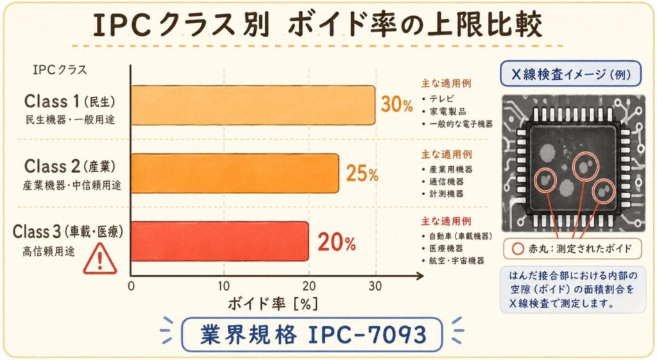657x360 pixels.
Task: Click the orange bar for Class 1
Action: click(x=253, y=104)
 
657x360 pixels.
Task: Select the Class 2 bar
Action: click(x=235, y=173)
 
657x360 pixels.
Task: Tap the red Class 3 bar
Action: click(x=219, y=241)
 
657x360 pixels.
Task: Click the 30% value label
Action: click(x=397, y=105)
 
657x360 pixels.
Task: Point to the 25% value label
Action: click(x=363, y=173)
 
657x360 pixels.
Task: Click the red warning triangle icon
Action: click(x=101, y=258)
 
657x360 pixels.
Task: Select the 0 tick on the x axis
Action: click(x=132, y=286)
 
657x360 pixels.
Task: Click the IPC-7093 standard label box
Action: click(x=311, y=334)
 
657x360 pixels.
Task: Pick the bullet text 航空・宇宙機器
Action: click(x=456, y=261)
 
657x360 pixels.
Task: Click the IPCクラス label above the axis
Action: click(x=58, y=69)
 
